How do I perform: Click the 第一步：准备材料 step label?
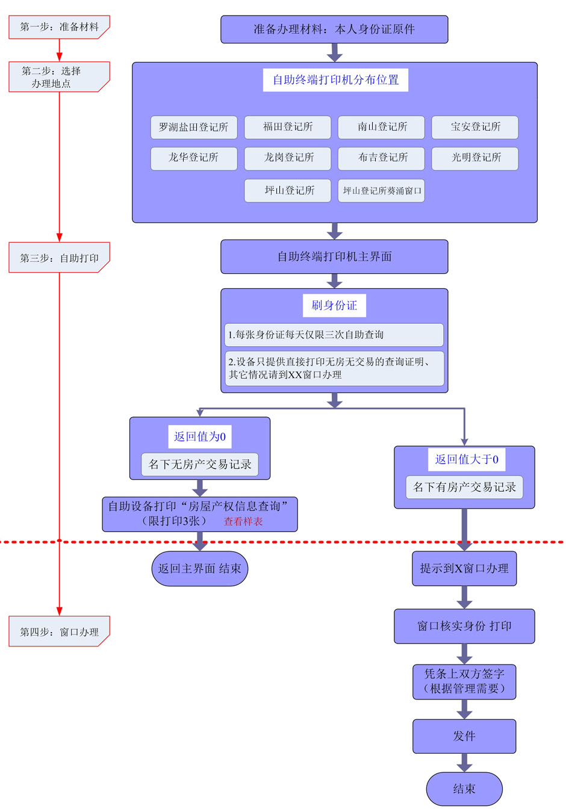click(59, 27)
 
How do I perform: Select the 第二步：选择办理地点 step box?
click(59, 77)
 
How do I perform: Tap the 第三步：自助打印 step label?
click(59, 258)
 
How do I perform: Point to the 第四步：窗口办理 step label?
click(59, 631)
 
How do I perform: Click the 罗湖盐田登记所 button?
click(193, 127)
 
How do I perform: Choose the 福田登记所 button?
click(287, 127)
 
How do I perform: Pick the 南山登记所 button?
click(381, 127)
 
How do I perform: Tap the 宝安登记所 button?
click(475, 127)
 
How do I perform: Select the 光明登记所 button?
click(475, 158)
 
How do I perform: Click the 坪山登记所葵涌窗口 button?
click(381, 191)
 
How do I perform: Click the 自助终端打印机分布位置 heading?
click(335, 80)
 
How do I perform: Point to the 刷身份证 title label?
click(334, 305)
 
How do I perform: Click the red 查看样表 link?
click(243, 521)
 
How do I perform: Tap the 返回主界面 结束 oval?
click(199, 569)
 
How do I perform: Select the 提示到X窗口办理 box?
click(464, 569)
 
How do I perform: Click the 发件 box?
click(464, 736)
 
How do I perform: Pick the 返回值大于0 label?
click(467, 459)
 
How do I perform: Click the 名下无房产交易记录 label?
click(200, 465)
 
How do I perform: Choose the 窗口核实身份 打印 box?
click(464, 626)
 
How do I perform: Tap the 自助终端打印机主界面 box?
click(334, 257)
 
